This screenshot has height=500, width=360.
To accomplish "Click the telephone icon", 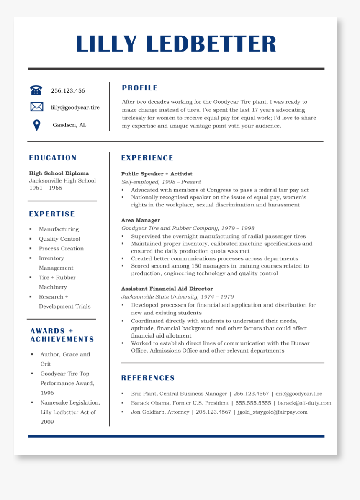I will point(36,90).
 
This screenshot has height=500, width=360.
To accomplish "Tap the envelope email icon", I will point(36,107).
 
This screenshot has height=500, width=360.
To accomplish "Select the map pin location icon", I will point(37,125).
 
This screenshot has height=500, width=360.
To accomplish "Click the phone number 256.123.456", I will point(68,90).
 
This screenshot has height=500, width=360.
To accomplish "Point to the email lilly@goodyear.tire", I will point(75,108).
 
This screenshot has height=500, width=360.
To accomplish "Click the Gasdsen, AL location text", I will point(69,125).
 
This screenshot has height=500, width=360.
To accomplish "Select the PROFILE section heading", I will point(140,88).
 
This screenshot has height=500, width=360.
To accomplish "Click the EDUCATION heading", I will point(53,158).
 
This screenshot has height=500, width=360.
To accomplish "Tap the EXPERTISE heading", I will point(52,214).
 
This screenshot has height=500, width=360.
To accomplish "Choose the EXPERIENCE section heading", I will point(147,158).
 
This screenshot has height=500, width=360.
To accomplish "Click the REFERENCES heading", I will point(148,378).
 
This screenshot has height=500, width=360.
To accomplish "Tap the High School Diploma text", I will point(59,173).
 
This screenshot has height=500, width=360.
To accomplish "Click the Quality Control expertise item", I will point(59,239).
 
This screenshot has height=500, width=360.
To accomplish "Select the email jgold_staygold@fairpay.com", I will point(273,412).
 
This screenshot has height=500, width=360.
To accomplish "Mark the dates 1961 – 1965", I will point(46,188).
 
